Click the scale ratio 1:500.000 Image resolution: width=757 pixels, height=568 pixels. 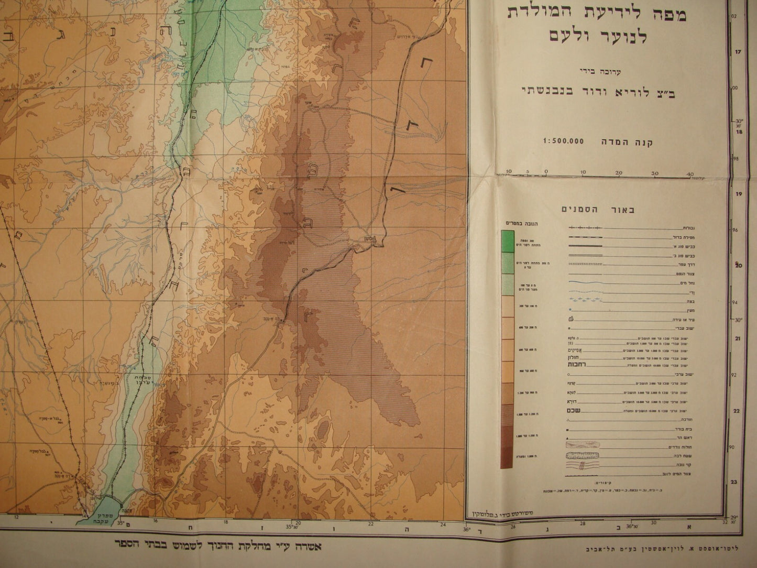564,141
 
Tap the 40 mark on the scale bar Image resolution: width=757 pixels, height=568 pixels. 689,172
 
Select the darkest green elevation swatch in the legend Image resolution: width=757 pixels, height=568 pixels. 507,241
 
